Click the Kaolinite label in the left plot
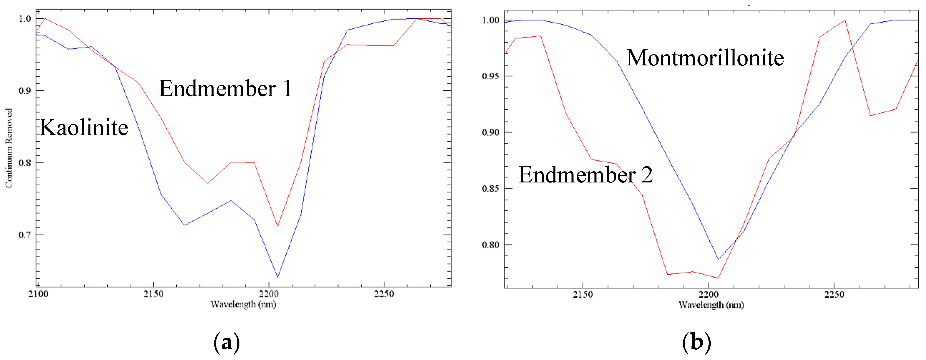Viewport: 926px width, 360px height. pyautogui.click(x=84, y=128)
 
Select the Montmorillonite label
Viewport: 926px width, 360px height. pyautogui.click(x=705, y=58)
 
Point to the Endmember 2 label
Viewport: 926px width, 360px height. pyautogui.click(x=586, y=175)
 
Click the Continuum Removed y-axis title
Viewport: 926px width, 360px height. pyautogui.click(x=9, y=148)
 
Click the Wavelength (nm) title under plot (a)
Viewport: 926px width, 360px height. pyautogui.click(x=243, y=304)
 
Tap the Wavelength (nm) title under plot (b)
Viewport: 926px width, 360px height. pyautogui.click(x=711, y=305)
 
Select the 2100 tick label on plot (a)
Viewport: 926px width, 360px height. pyautogui.click(x=38, y=294)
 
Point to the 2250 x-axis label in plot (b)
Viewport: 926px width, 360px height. pyautogui.click(x=834, y=295)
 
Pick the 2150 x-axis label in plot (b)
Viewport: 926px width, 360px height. pyautogui.click(x=583, y=295)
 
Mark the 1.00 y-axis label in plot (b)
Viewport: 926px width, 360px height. pyautogui.click(x=491, y=20)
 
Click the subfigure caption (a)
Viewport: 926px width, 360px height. pyautogui.click(x=226, y=342)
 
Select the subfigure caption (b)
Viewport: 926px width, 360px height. pyautogui.click(x=696, y=342)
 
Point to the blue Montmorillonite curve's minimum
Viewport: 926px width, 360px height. pyautogui.click(x=718, y=259)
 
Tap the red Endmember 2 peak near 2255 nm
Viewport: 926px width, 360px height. pyautogui.click(x=845, y=20)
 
